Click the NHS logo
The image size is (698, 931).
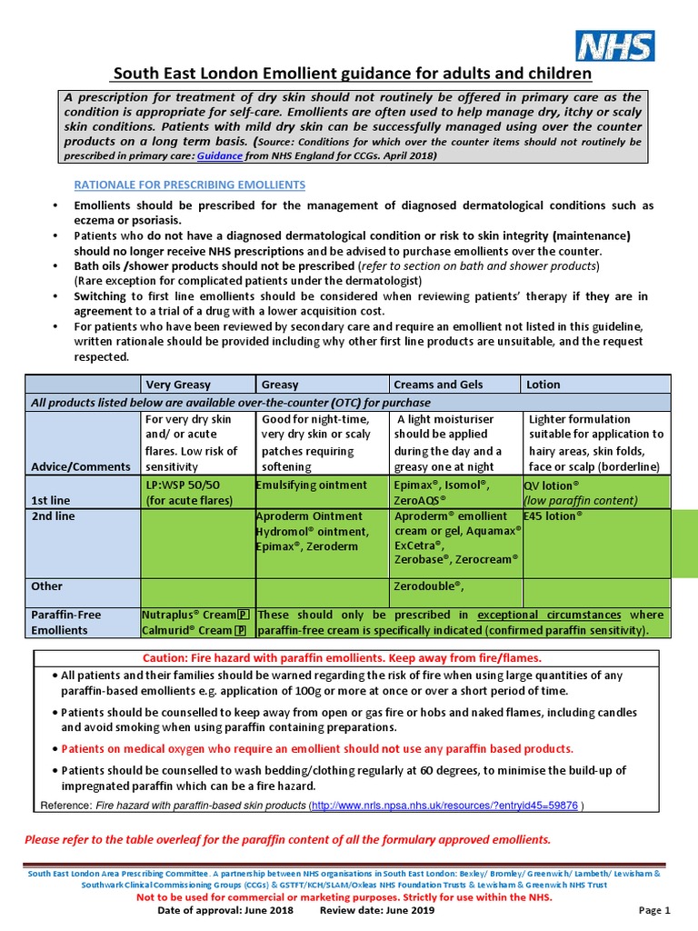pyautogui.click(x=614, y=45)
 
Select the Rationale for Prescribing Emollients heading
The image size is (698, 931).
pyautogui.click(x=189, y=185)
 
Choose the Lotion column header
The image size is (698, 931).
pyautogui.click(x=543, y=385)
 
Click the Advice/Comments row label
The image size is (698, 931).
pyautogui.click(x=81, y=466)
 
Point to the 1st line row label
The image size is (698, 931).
pyautogui.click(x=51, y=500)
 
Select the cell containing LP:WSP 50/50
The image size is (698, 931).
pyautogui.click(x=190, y=493)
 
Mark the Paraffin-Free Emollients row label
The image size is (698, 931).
pyautogui.click(x=66, y=622)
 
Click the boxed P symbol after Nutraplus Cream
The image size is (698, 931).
pyautogui.click(x=243, y=616)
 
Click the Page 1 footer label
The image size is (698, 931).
pyautogui.click(x=653, y=910)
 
